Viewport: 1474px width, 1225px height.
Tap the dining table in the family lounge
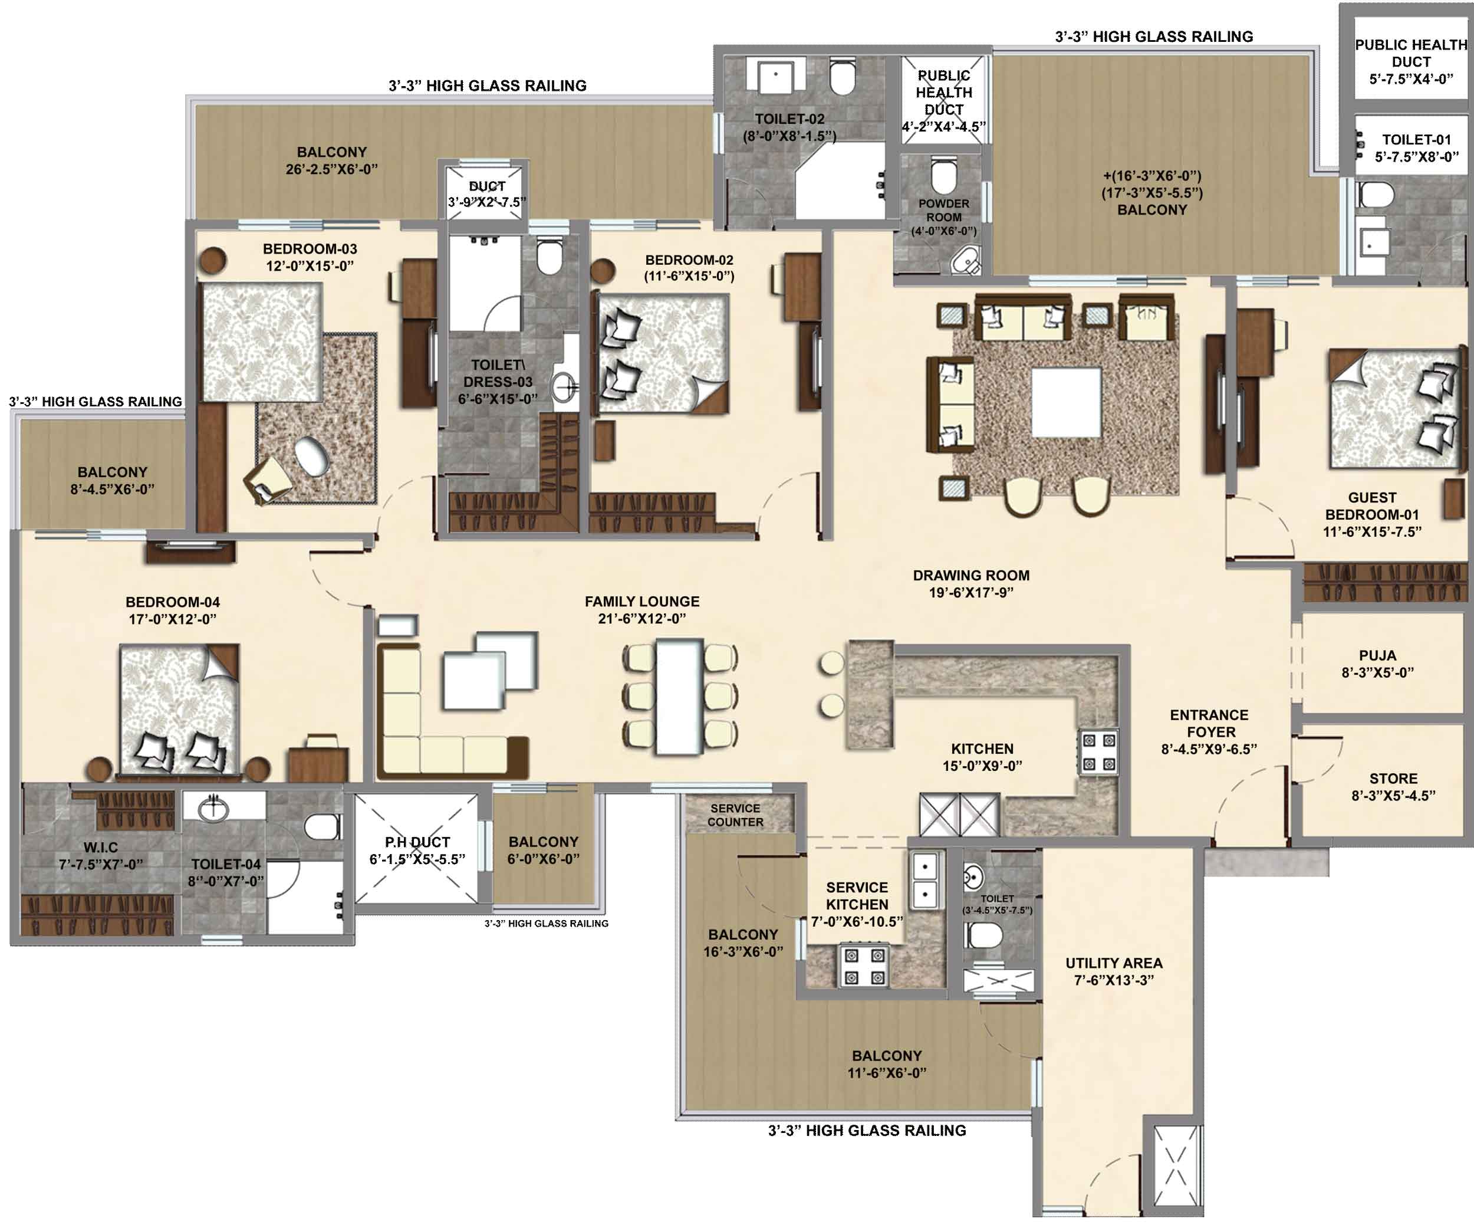[679, 696]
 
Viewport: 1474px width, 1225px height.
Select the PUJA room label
[1377, 655]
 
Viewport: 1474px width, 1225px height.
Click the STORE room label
[1393, 778]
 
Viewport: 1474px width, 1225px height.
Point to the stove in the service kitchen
[864, 966]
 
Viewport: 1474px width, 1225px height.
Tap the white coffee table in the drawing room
[1065, 403]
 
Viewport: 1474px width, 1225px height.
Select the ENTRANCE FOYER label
[1209, 723]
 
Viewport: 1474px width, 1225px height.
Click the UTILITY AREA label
[1114, 963]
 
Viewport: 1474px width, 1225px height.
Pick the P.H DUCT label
[417, 842]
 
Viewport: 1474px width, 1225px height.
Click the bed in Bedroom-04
[180, 709]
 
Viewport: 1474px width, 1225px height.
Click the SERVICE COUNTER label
[735, 815]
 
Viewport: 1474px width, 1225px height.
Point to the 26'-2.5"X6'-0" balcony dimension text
[331, 169]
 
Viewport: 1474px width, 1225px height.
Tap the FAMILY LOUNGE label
[641, 602]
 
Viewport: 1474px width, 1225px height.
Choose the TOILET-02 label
[789, 119]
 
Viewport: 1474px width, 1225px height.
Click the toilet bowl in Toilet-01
[1375, 195]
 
